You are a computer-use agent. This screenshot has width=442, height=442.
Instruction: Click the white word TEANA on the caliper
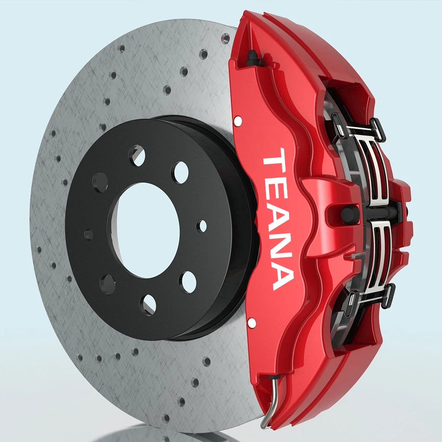[278, 219]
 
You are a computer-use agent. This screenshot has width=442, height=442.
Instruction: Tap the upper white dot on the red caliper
[238, 121]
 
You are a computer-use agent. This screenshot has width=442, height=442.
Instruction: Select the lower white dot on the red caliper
[251, 323]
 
